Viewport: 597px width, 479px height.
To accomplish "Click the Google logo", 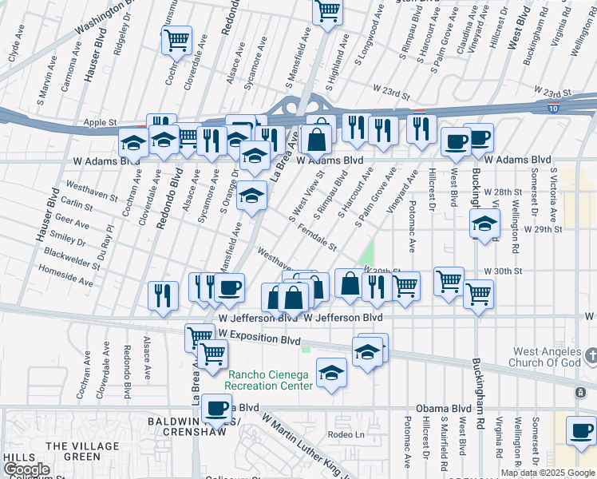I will pos(26,470).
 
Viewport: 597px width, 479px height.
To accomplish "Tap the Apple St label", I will pos(100,123).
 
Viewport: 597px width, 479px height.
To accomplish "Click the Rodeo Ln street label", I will pos(346,434).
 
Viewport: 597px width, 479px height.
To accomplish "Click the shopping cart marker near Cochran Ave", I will pos(176,39).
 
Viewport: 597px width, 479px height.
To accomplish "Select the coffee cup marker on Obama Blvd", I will pos(215,408).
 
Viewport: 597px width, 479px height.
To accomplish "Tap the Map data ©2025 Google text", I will pos(548,473).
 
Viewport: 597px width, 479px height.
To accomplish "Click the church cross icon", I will pos(590,354).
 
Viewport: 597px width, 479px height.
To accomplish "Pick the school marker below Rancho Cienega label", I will pos(331,372).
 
